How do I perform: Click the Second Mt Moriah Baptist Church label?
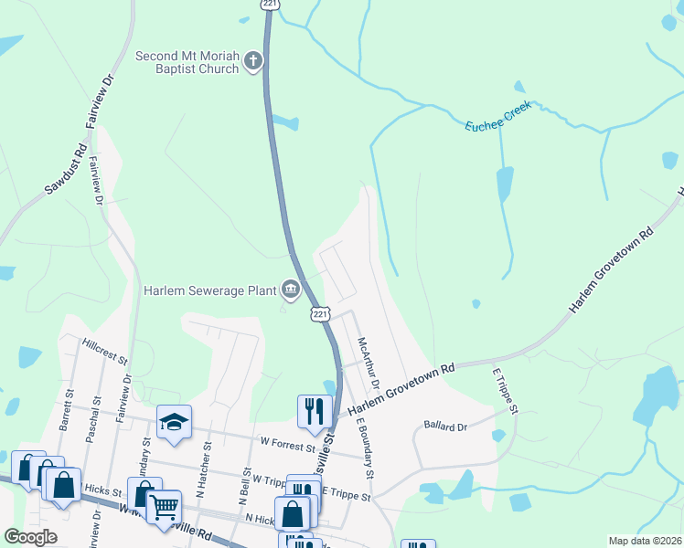click(x=187, y=62)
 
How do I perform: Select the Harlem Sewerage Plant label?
click(x=209, y=290)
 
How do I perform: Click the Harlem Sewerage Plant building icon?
click(x=291, y=290)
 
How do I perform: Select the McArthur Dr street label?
click(x=369, y=364)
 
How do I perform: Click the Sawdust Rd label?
click(x=66, y=169)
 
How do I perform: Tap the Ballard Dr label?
click(x=445, y=426)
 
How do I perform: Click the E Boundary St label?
click(x=365, y=448)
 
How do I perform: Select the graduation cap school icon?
click(x=174, y=422)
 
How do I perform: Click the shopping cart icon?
click(x=164, y=505)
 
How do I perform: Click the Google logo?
click(x=30, y=537)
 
